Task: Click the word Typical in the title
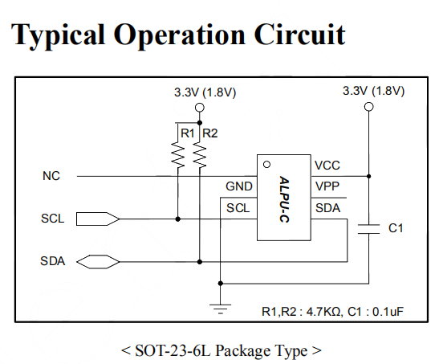[58, 35]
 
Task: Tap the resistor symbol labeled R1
[178, 154]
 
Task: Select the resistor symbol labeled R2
[200, 154]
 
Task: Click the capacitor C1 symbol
[368, 229]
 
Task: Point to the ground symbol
[221, 309]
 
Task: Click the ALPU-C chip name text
[284, 199]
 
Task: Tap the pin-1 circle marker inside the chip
[266, 165]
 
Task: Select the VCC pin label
[327, 166]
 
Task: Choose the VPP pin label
[327, 186]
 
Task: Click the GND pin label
[239, 186]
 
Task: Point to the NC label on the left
[51, 176]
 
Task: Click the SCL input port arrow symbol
[98, 219]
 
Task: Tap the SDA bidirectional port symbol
[98, 262]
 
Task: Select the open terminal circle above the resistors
[200, 108]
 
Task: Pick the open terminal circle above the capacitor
[368, 107]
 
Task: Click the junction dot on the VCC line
[368, 176]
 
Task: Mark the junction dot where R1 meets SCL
[178, 219]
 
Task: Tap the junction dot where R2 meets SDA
[200, 262]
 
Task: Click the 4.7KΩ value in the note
[324, 312]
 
